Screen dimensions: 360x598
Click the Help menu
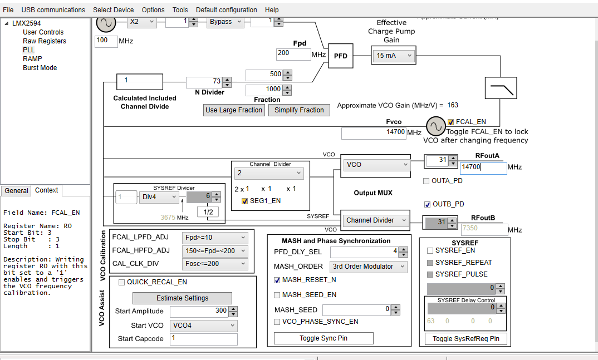click(272, 9)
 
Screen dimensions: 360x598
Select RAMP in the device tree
click(32, 58)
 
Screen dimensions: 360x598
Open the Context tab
click(47, 190)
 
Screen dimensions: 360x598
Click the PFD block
click(340, 56)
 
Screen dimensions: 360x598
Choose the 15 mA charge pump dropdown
click(394, 56)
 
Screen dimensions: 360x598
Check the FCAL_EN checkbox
click(451, 122)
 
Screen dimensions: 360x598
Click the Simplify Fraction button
click(299, 110)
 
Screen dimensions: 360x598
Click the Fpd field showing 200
click(293, 54)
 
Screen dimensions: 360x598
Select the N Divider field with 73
click(204, 81)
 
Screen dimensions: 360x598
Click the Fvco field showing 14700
click(374, 132)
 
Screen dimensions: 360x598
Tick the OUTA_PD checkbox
click(427, 181)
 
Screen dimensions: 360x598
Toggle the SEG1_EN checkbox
click(245, 201)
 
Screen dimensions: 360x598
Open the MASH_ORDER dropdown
click(368, 267)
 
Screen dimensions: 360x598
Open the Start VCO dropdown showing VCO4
click(204, 326)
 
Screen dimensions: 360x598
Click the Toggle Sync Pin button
click(323, 338)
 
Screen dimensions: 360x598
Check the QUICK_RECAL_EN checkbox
click(122, 283)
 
